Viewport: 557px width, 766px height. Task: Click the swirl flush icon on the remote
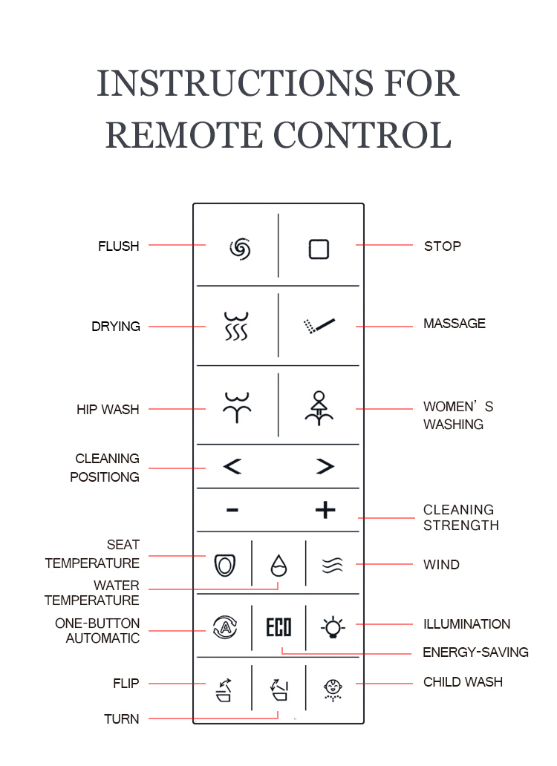(240, 249)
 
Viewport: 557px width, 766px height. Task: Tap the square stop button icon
(319, 249)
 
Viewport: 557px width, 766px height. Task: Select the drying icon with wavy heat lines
(236, 326)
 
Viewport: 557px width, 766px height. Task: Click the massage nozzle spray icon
(319, 326)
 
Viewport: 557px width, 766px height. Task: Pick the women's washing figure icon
(319, 408)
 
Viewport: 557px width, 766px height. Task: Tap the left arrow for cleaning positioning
(232, 466)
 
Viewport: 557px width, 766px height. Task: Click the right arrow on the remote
(325, 466)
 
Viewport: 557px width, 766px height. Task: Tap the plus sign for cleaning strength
(325, 510)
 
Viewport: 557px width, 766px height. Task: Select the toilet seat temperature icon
(225, 565)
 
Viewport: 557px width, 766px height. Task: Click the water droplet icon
(278, 565)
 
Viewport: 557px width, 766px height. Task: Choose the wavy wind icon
(332, 565)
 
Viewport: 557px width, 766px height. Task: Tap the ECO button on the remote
(278, 627)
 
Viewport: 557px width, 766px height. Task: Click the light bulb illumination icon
(333, 626)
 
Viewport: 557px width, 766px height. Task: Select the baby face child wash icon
(333, 690)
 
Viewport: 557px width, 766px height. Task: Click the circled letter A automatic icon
(225, 627)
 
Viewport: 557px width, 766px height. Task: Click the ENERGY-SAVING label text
(475, 652)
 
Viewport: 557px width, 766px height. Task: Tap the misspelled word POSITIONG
(105, 477)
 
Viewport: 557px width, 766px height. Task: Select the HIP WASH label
(108, 410)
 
